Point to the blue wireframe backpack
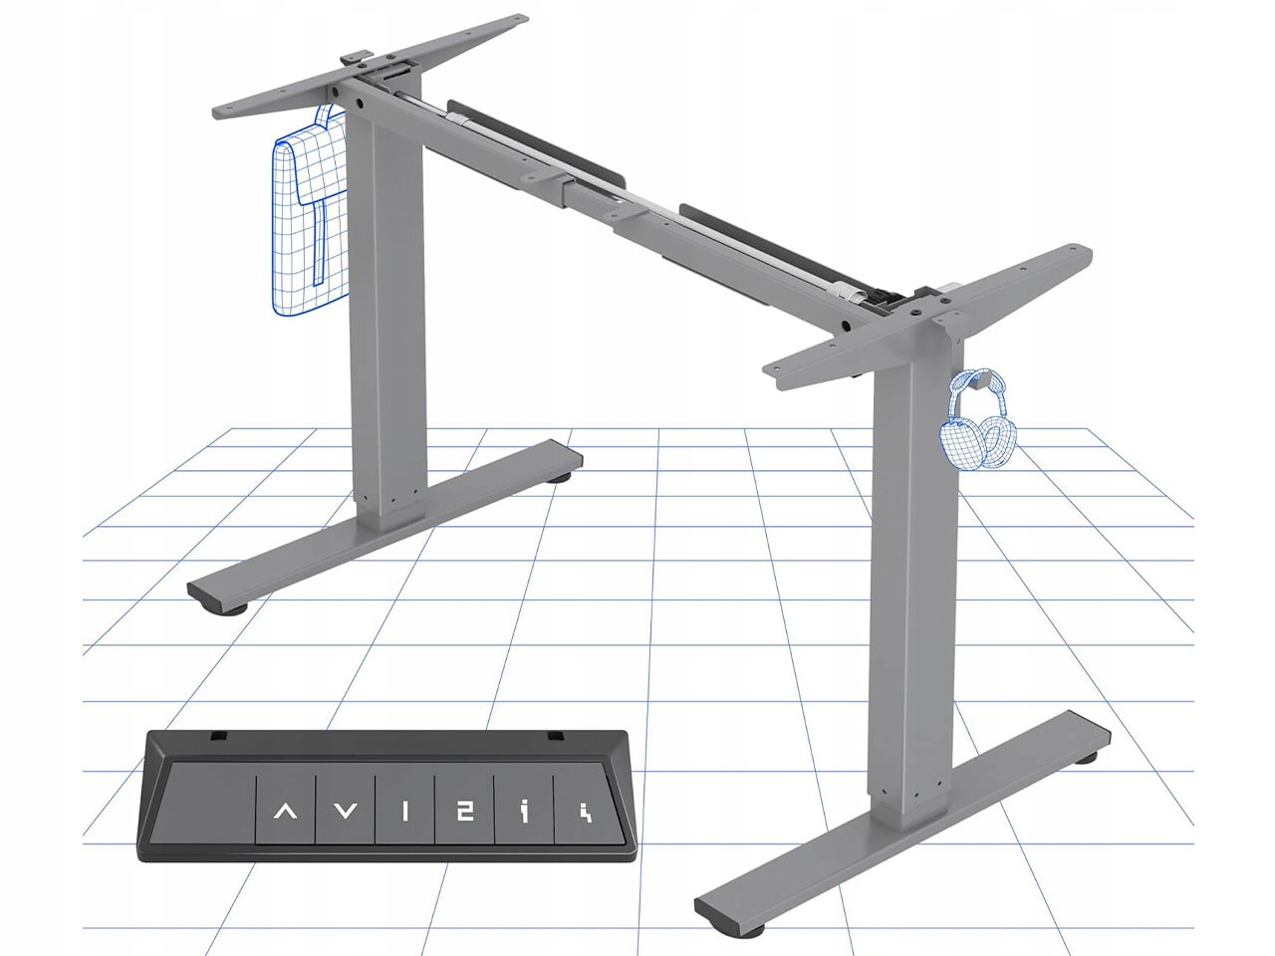(x=306, y=224)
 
